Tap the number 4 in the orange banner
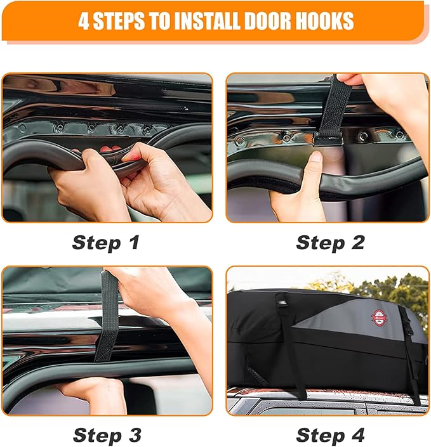[x=84, y=21]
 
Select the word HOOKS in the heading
[x=321, y=21]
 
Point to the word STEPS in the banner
[x=129, y=21]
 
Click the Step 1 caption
[x=105, y=242]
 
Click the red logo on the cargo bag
[x=379, y=318]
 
